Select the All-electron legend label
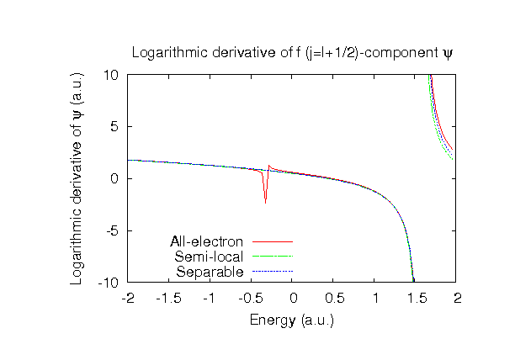click(x=207, y=241)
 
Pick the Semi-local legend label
click(x=209, y=257)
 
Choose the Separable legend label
click(x=210, y=272)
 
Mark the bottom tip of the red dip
click(x=266, y=203)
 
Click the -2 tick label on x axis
click(x=127, y=298)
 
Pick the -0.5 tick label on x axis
click(x=251, y=298)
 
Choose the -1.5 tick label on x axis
click(x=168, y=298)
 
